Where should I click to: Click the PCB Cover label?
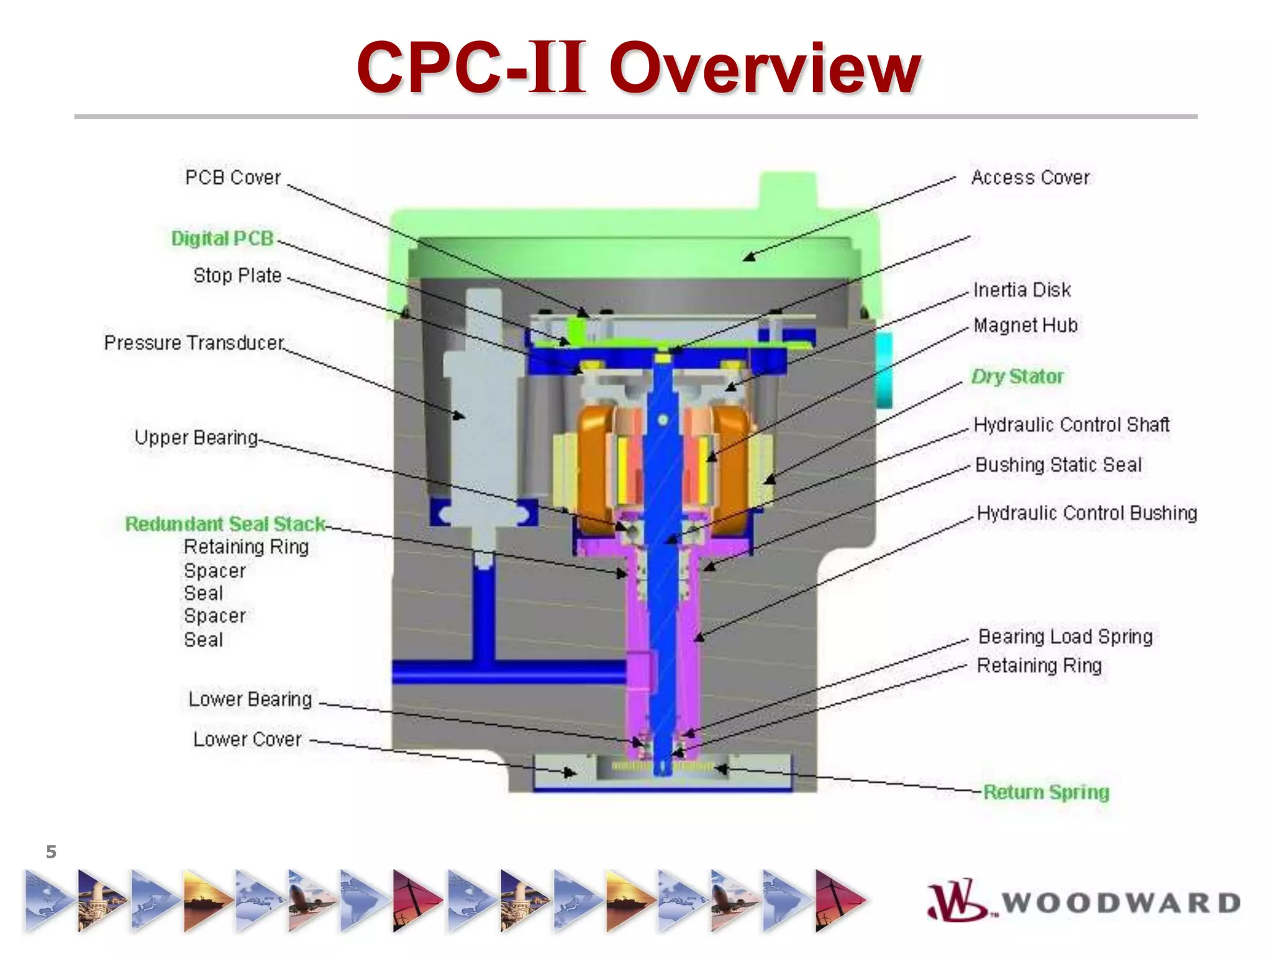[233, 178]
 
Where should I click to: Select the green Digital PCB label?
[222, 238]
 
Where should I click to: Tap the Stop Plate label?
[237, 275]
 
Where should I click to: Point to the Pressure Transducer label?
[194, 343]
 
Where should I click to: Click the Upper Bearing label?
[196, 438]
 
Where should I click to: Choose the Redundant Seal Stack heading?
[225, 524]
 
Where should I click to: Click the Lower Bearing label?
[250, 699]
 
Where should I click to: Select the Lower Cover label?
[247, 739]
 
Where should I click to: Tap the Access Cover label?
[1030, 178]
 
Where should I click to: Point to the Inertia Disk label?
[1022, 290]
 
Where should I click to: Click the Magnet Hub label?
[1025, 325]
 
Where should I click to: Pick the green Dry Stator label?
[1017, 376]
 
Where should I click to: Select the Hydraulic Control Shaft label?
[1071, 425]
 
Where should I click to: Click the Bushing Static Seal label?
[1058, 465]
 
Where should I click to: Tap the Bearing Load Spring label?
[1065, 637]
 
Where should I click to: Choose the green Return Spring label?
[1046, 793]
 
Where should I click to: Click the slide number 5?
[51, 852]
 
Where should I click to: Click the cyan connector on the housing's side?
[884, 370]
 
